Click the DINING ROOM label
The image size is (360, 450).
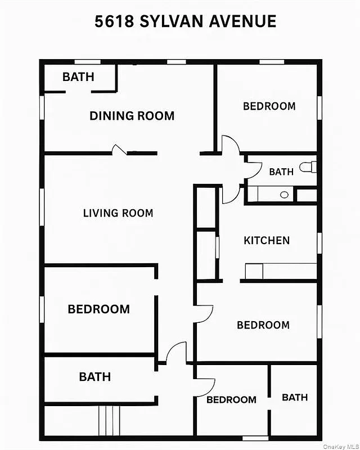[x=132, y=116]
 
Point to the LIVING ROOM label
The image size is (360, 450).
[x=118, y=213]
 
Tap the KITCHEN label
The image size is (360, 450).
[x=267, y=240]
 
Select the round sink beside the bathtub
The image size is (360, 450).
[x=284, y=195]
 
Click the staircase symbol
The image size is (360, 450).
[x=109, y=421]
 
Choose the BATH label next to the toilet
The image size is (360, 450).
[x=281, y=172]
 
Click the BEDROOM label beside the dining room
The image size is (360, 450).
[x=269, y=106]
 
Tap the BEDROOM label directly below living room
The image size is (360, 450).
[x=98, y=309]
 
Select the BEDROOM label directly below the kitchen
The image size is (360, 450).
[x=263, y=325]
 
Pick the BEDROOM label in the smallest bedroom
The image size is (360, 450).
[x=231, y=399]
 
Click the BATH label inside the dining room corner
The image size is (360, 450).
[x=78, y=76]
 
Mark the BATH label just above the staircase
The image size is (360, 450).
[x=94, y=376]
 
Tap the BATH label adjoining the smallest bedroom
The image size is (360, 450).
[x=295, y=397]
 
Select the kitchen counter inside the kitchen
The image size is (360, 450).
[x=281, y=271]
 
